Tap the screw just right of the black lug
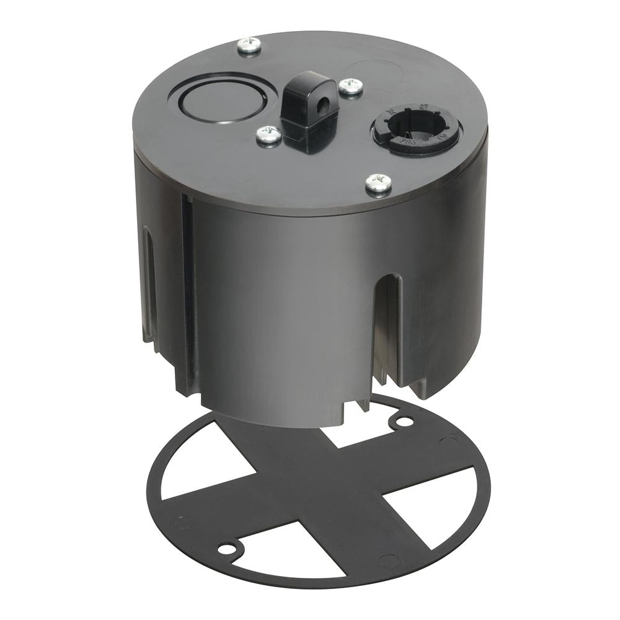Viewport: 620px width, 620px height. pos(351,86)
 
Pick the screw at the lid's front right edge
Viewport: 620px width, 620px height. pos(378,182)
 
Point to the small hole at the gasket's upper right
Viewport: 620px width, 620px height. pos(404,422)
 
